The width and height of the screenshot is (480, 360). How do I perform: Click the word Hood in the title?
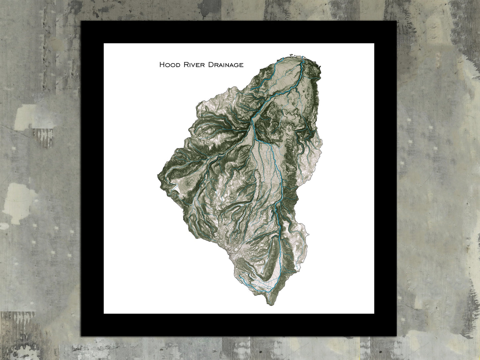[169, 64]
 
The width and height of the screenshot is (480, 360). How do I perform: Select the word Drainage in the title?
[226, 65]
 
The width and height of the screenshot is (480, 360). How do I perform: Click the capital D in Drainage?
[210, 64]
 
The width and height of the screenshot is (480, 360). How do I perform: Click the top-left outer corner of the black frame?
[82, 21]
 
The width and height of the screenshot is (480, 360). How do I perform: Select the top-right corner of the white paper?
[374, 44]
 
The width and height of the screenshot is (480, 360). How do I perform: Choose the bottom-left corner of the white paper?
[104, 314]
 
